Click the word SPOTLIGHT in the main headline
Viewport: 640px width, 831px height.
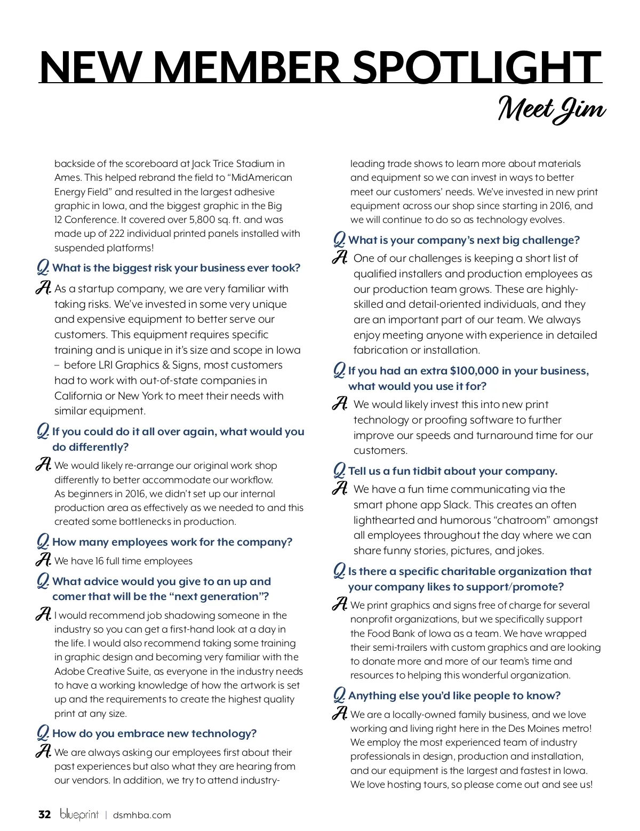[477, 67]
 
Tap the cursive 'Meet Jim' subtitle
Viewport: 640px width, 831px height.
[551, 110]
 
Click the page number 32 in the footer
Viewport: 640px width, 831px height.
[44, 814]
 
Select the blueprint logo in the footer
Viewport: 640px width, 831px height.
[79, 814]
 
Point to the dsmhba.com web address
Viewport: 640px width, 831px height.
[142, 815]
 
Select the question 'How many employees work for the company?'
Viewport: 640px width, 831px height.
[172, 542]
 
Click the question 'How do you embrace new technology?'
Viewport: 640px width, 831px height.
[154, 734]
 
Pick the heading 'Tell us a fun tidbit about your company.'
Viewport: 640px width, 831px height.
[453, 472]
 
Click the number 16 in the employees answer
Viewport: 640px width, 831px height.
[100, 561]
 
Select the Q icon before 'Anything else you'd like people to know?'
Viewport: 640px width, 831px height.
[339, 696]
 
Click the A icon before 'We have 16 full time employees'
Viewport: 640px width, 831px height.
[43, 560]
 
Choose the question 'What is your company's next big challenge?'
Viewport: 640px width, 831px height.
[463, 241]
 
